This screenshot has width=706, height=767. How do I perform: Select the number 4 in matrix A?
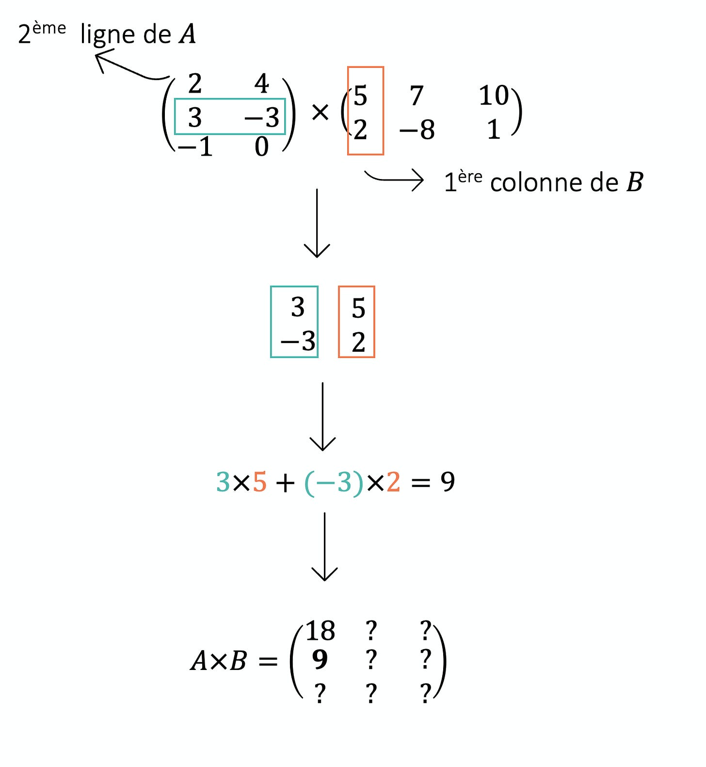(261, 83)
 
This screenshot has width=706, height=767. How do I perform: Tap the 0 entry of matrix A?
(261, 147)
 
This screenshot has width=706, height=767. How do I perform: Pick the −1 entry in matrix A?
(195, 147)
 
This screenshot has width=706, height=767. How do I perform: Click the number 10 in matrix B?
(494, 96)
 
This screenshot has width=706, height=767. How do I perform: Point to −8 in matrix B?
(417, 130)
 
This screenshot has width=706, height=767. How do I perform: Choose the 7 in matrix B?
(417, 96)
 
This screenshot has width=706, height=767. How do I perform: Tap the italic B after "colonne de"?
(634, 183)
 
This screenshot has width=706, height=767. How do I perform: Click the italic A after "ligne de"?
(187, 35)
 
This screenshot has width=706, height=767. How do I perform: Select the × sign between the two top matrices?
(320, 113)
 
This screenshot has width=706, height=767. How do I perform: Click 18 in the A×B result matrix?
(320, 631)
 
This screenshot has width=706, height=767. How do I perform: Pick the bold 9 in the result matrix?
(320, 659)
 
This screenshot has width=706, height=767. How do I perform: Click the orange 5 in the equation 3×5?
(260, 482)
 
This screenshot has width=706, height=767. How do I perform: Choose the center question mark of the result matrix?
(371, 659)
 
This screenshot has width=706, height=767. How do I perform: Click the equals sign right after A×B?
(268, 661)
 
